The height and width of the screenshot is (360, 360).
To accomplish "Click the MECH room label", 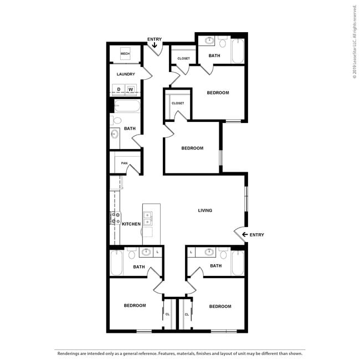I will point(125,54).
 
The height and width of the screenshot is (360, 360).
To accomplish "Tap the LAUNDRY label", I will point(126,74).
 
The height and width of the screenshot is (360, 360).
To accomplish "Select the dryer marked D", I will point(119,89).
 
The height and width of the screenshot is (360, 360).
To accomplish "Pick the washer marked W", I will point(131,89).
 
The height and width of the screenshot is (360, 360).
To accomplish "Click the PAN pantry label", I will point(125,163).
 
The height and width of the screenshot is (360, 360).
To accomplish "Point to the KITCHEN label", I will point(131,224).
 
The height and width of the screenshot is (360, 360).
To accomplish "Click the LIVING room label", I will point(205,210).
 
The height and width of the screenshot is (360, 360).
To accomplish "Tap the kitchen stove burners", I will point(116,218).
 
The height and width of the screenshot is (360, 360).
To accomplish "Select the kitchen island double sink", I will point(147,218).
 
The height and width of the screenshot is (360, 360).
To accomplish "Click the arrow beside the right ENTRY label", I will point(244,235).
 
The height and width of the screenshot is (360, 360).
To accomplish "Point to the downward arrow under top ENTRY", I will point(155,46).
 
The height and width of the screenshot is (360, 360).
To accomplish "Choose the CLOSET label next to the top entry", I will point(184,58).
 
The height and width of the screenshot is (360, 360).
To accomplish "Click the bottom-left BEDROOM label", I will point(135,306).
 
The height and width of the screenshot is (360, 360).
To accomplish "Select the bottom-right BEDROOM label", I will point(220,306).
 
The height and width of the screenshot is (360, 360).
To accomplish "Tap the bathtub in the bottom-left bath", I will point(117,263).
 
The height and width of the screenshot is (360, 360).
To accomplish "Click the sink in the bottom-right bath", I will point(209,253).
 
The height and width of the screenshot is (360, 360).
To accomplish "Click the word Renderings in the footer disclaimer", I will point(69,353).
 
